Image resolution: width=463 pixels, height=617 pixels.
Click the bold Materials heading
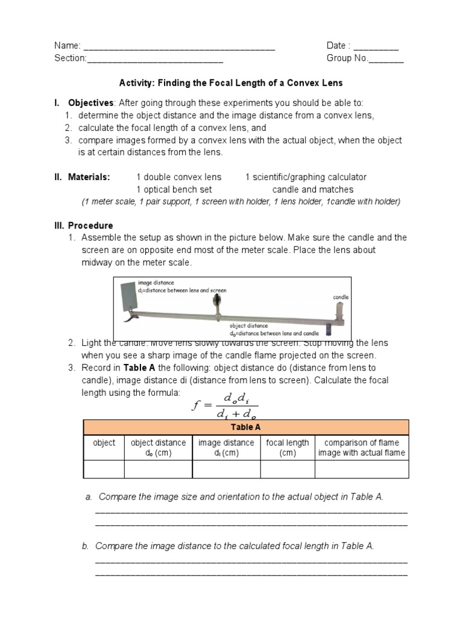89,177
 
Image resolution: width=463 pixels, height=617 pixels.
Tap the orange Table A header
246,427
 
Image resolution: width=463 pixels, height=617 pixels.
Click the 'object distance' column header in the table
158,448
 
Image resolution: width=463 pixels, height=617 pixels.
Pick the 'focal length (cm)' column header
287,448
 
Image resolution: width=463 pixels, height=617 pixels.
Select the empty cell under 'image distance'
226,468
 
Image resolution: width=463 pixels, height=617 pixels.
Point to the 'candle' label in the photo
341,297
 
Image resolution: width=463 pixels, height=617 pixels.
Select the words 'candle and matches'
313,189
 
